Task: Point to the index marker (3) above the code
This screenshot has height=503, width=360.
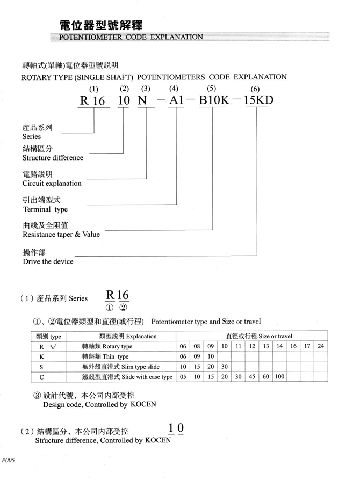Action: (145, 88)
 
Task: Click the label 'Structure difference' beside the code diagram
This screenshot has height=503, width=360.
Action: (53, 158)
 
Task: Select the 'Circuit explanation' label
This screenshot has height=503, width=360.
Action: (52, 183)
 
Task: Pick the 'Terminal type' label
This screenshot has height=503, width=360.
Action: (45, 209)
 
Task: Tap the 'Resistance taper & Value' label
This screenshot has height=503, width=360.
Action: (61, 235)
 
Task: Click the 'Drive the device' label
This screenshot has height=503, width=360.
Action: (48, 261)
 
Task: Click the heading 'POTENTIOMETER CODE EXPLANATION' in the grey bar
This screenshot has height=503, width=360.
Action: (131, 37)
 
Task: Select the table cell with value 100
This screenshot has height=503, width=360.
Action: (279, 377)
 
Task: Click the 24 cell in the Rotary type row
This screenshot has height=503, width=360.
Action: (321, 346)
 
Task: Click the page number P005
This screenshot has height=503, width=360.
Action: (9, 460)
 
